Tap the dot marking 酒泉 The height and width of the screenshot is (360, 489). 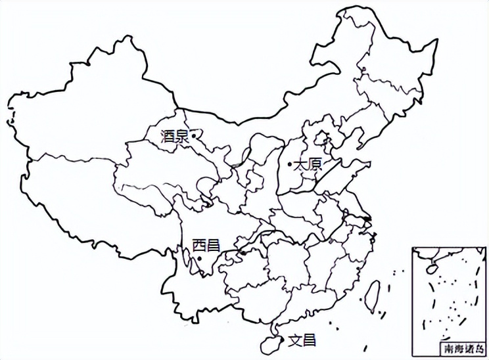[194, 137]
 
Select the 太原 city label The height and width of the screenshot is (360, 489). [306, 164]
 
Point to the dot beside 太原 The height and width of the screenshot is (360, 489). [290, 164]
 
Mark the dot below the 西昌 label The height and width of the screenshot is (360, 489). [200, 258]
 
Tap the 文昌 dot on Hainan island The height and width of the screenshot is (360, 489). [284, 340]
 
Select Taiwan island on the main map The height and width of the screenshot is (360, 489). [373, 292]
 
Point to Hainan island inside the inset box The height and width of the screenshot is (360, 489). [432, 268]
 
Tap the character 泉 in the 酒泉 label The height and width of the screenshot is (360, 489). [182, 137]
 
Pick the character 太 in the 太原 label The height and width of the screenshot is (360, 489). [299, 164]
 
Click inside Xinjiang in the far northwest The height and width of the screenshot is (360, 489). [85, 118]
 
